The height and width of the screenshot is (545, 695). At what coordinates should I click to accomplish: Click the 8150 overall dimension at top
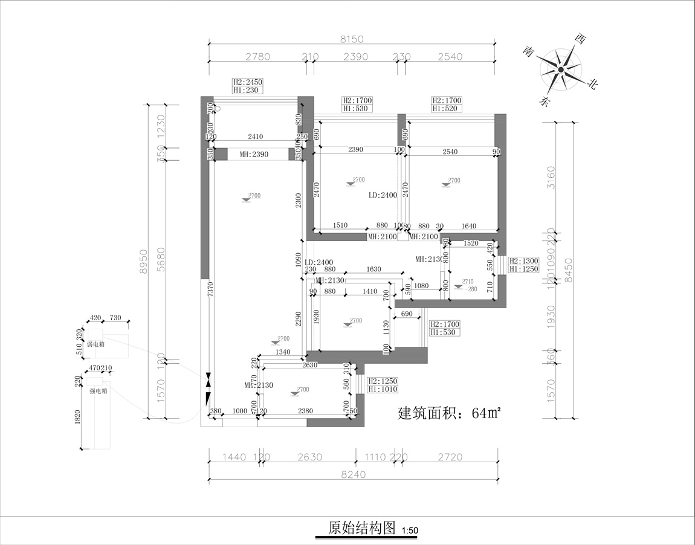(352, 39)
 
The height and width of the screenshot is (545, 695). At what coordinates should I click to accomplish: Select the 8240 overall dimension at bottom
(353, 474)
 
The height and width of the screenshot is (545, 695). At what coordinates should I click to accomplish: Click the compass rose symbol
(561, 70)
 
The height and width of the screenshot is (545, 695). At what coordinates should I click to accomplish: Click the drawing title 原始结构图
(361, 528)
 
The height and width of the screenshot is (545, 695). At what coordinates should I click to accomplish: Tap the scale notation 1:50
(409, 531)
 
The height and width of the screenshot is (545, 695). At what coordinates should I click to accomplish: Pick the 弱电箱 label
(97, 344)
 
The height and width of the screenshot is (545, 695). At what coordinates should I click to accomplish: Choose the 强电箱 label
(98, 391)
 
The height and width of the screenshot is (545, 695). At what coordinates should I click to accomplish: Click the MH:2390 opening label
(254, 155)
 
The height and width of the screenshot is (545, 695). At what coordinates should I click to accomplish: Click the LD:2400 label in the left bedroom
(383, 196)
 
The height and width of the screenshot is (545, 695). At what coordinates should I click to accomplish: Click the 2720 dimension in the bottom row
(450, 457)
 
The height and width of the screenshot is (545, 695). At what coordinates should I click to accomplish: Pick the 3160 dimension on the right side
(550, 177)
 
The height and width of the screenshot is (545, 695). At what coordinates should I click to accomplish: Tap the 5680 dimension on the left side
(161, 260)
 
